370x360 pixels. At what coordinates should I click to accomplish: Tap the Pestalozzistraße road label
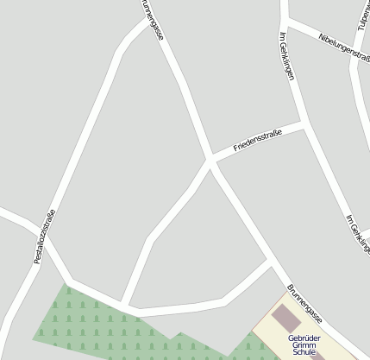[45, 236]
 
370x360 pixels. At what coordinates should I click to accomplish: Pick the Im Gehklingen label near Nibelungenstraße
[287, 55]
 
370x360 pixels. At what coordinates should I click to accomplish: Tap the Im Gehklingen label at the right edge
[356, 233]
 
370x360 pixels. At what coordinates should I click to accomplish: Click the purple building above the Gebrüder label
[285, 318]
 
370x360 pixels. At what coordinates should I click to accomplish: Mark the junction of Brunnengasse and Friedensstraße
[211, 160]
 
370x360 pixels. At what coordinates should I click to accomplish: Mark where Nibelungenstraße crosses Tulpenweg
[355, 56]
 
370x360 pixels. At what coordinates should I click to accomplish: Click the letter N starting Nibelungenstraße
[320, 37]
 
